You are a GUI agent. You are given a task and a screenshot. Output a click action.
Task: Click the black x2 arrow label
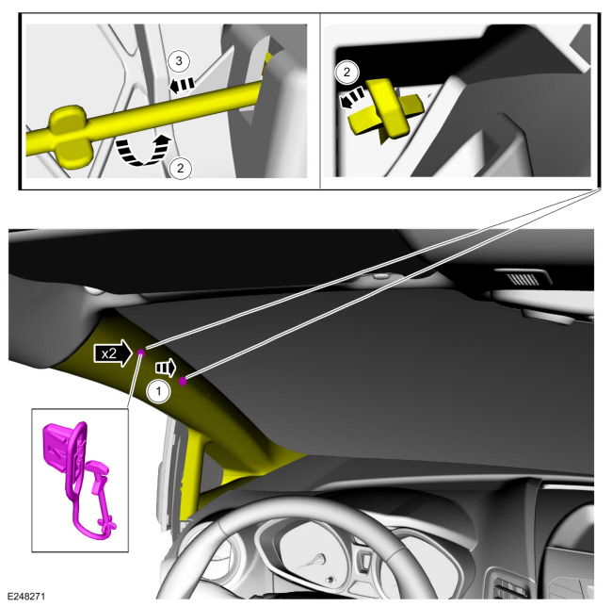coord(113,353)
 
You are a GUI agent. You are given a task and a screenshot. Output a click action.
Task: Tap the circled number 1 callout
coord(158,390)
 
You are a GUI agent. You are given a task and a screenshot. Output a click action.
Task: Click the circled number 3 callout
coord(179,61)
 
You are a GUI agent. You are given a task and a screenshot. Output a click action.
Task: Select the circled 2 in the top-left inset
coord(181,168)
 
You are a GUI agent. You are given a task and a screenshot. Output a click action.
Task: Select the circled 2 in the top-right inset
coord(346,72)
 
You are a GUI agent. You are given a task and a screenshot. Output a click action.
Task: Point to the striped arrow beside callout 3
coord(182,85)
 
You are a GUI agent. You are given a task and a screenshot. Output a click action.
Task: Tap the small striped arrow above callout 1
coord(166,368)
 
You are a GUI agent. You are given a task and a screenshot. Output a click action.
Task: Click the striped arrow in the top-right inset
coord(352,98)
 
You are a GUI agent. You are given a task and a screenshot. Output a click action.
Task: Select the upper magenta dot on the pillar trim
coord(141,353)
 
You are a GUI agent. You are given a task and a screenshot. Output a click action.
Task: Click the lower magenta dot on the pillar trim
coord(183,381)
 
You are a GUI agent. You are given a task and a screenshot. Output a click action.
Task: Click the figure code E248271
coord(26,597)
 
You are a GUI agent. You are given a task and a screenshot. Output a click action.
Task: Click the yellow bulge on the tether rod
coord(69,136)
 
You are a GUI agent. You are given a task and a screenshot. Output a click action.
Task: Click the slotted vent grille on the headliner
coord(522,279)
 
